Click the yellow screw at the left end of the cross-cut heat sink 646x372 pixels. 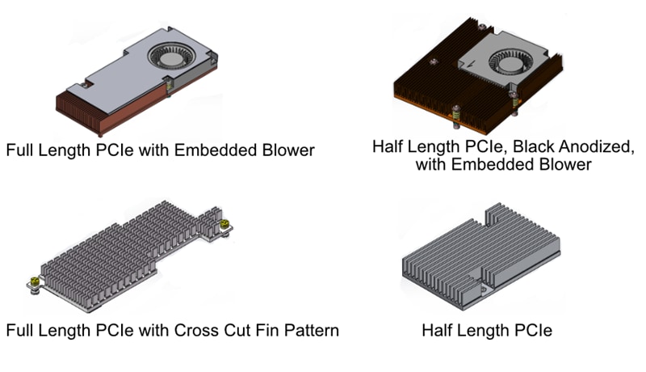[x=36, y=281]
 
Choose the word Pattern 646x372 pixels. [x=310, y=330]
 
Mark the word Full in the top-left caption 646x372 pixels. [x=20, y=150]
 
